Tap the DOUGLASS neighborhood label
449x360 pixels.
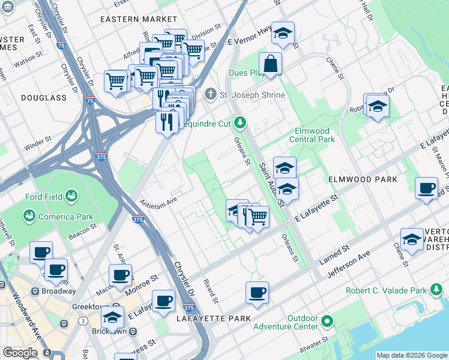pos(44,97)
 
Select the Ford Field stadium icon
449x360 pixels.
pos(71,196)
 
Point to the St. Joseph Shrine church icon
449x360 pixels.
pos(209,94)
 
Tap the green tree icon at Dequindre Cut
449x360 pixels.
pos(240,123)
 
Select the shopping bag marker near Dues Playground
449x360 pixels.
pos(271,64)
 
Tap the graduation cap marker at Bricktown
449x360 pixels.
pos(112,318)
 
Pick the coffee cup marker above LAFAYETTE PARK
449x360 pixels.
pos(257,293)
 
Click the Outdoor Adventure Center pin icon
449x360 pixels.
pos(327,322)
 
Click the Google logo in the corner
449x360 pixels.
pos(20,353)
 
